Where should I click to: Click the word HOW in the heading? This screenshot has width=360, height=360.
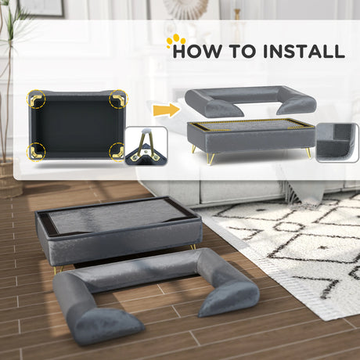[198, 51]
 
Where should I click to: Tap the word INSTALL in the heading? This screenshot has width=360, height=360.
[304, 51]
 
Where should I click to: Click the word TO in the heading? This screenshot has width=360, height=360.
[243, 51]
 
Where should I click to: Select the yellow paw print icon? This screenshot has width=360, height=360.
[176, 40]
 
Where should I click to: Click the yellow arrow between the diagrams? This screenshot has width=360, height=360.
[167, 110]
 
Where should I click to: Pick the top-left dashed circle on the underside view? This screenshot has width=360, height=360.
[36, 99]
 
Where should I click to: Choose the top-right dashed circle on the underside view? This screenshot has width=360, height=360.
[118, 99]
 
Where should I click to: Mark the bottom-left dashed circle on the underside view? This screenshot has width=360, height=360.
[36, 152]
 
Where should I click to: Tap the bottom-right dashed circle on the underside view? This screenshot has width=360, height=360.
[118, 152]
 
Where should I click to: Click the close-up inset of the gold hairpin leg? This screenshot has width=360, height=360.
[146, 146]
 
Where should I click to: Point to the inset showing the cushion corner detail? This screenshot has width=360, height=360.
[337, 143]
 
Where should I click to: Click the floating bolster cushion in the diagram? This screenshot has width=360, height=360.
[250, 101]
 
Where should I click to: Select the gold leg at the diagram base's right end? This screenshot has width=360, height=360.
[308, 153]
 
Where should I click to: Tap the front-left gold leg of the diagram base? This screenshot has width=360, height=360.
[211, 159]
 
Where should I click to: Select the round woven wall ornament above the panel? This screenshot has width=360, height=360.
[187, 9]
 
